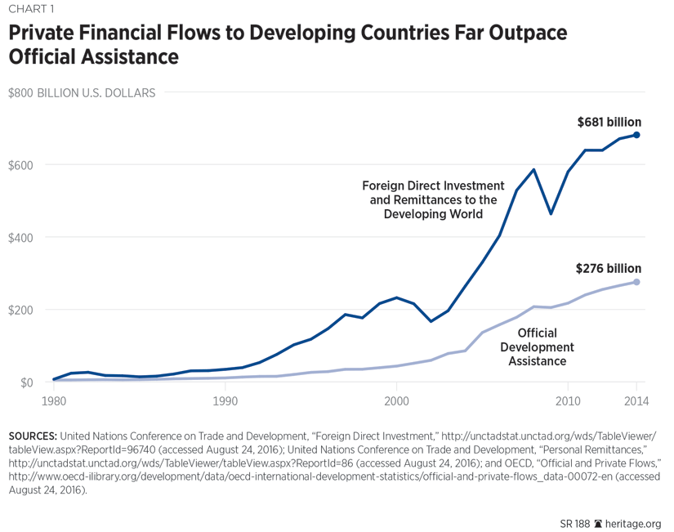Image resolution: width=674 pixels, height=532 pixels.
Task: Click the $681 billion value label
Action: (x=609, y=122)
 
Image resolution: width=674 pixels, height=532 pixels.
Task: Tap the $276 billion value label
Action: (x=609, y=268)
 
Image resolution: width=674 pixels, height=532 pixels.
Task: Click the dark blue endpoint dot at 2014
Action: (x=636, y=135)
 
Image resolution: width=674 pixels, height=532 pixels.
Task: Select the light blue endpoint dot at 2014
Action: (x=636, y=282)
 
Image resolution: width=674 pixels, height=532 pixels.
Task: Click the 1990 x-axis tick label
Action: (x=225, y=400)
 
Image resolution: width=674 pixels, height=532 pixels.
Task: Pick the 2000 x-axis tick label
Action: (x=396, y=400)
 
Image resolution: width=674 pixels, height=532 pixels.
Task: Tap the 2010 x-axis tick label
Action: (x=568, y=400)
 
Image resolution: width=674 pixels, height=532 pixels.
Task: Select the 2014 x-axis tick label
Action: (x=636, y=400)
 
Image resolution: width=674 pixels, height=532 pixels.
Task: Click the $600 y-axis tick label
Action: (x=21, y=165)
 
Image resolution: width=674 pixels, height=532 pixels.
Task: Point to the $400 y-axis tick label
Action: (x=21, y=238)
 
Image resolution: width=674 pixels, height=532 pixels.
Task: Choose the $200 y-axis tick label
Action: (x=21, y=311)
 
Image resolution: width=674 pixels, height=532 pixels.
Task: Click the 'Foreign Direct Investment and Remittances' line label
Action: (x=433, y=199)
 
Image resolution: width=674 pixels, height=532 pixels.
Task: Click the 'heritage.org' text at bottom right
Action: (x=634, y=523)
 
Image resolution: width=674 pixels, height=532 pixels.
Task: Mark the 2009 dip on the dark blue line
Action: (x=551, y=213)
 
